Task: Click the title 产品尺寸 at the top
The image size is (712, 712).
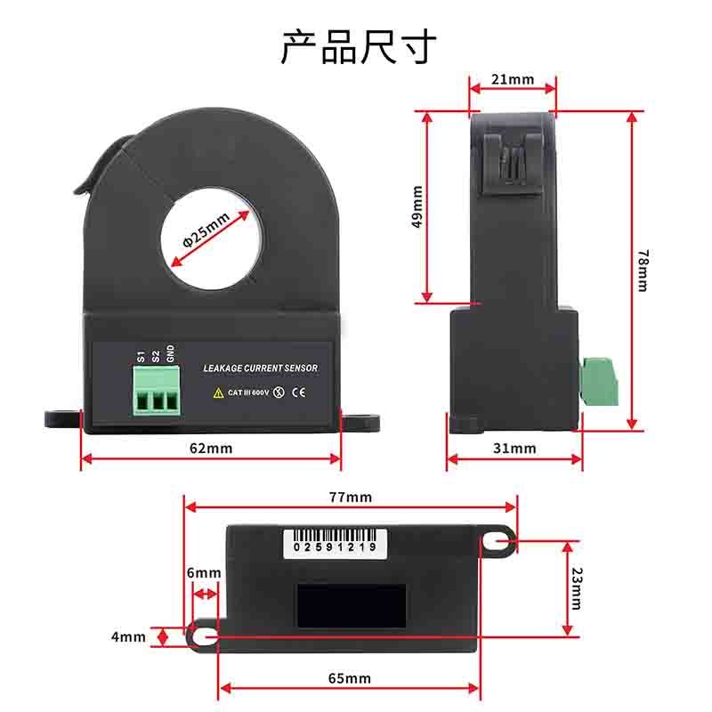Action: [359, 47]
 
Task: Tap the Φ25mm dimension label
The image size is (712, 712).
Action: [206, 231]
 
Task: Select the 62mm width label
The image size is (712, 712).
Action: [211, 449]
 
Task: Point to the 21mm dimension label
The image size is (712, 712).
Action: [513, 79]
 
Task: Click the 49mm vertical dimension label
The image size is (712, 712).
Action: [417, 206]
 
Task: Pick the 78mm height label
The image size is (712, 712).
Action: [643, 271]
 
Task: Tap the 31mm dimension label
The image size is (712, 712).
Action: [514, 449]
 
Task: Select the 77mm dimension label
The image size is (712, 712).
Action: [351, 498]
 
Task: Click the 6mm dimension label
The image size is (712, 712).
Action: [204, 572]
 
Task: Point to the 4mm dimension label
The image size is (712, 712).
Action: [128, 636]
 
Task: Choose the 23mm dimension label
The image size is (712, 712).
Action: [576, 588]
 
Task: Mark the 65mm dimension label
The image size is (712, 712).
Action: [350, 678]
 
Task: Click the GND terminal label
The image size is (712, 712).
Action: [170, 353]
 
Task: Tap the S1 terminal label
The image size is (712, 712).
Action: [141, 357]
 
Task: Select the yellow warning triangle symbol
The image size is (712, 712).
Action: [218, 392]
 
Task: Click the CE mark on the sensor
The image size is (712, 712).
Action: [298, 392]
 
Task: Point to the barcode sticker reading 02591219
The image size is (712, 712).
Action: [336, 543]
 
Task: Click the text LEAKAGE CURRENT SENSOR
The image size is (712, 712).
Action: [260, 368]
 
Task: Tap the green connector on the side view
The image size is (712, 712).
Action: [599, 382]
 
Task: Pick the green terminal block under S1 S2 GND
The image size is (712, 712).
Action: [157, 391]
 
